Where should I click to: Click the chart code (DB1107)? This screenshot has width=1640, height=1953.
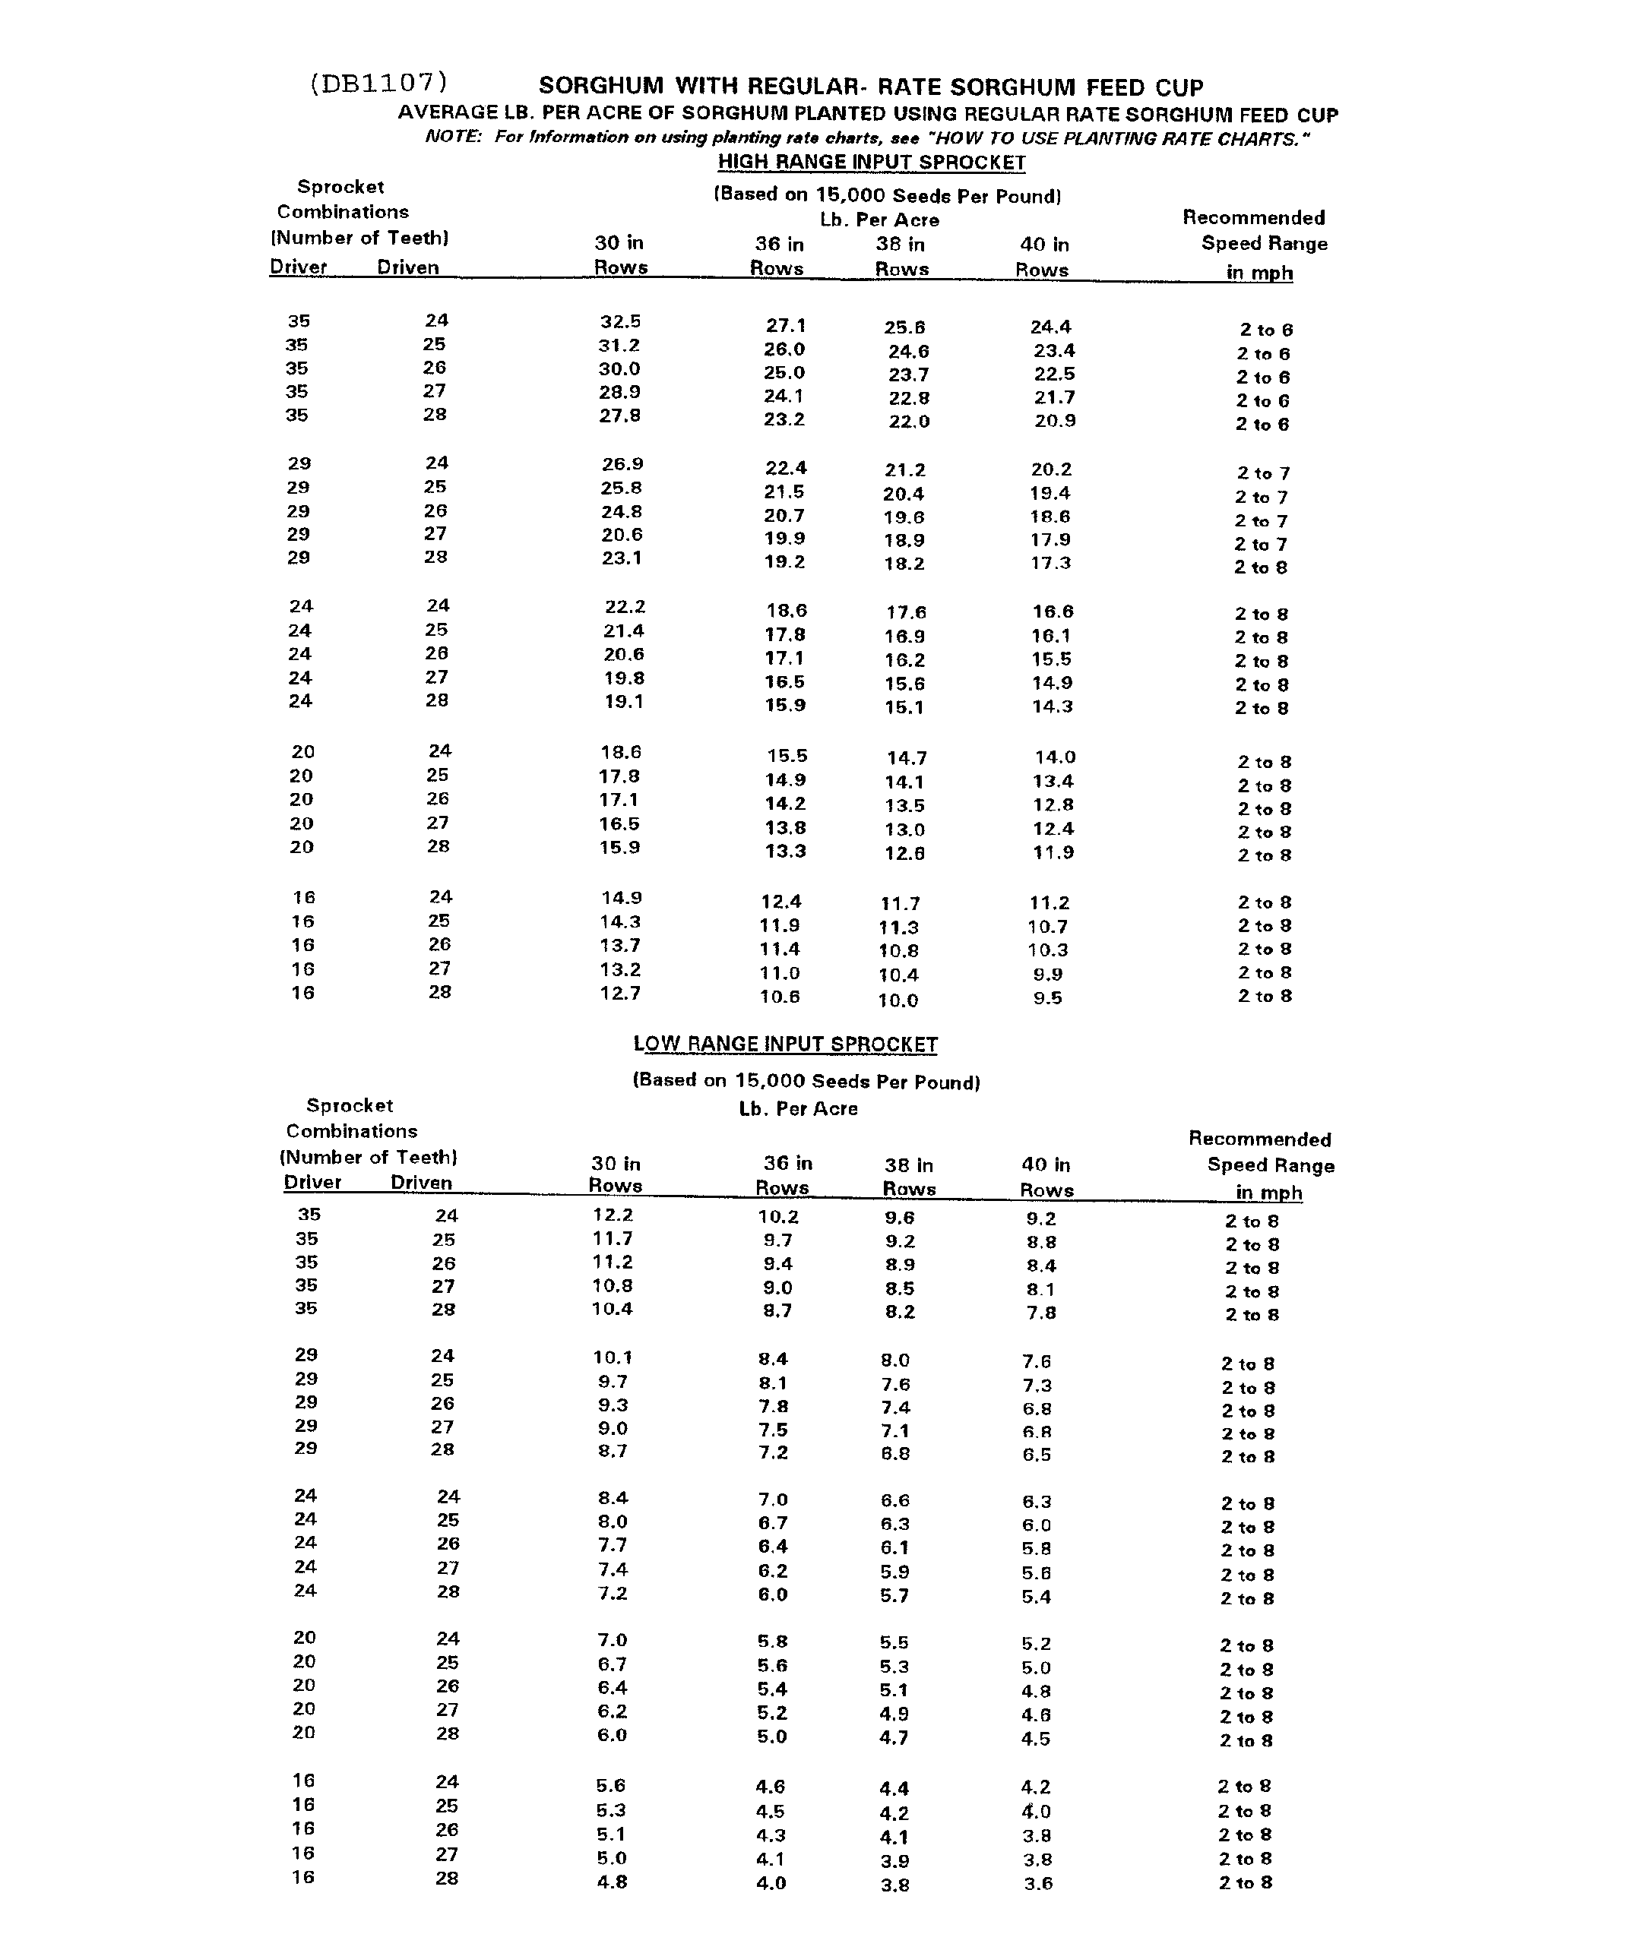pyautogui.click(x=378, y=83)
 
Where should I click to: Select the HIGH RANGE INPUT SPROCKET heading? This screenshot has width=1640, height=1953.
pyautogui.click(x=871, y=162)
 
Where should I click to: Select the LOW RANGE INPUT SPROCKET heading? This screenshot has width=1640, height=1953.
pyautogui.click(x=785, y=1044)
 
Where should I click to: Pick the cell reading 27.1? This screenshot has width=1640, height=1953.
pyautogui.click(x=785, y=325)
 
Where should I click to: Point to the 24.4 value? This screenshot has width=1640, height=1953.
pyautogui.click(x=1050, y=327)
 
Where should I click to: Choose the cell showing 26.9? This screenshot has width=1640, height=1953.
pyautogui.click(x=622, y=463)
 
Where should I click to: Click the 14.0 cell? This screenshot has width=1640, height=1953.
pyautogui.click(x=1055, y=757)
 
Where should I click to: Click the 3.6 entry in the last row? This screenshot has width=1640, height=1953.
pyautogui.click(x=1037, y=1883)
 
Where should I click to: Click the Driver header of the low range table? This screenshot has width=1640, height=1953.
pyautogui.click(x=312, y=1182)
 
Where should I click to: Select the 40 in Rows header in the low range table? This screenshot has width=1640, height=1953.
pyautogui.click(x=1046, y=1177)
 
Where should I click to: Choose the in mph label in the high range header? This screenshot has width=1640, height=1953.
pyautogui.click(x=1258, y=273)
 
